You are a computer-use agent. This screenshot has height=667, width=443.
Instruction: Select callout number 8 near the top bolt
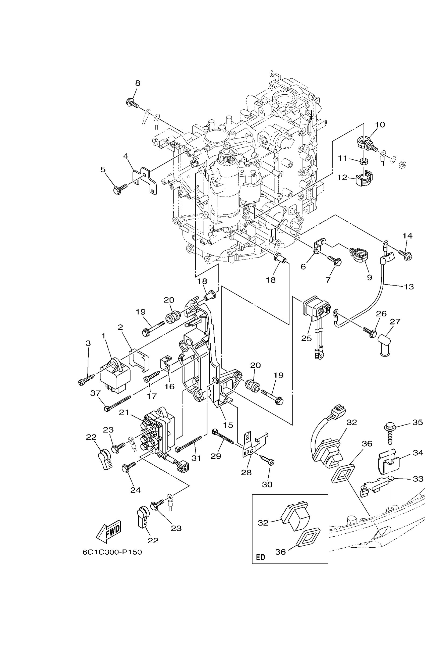(138, 83)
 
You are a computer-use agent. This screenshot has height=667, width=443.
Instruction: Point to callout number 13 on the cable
(409, 287)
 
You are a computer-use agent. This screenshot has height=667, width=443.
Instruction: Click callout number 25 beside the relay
(306, 338)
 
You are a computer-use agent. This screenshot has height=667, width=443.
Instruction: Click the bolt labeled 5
(121, 188)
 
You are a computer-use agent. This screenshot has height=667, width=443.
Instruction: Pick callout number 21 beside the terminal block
(124, 412)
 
